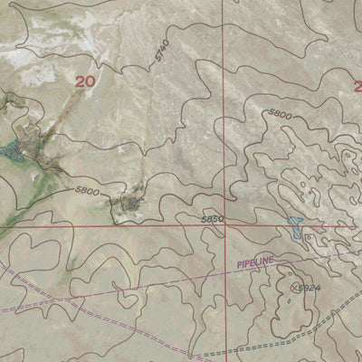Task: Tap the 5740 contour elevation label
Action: pos(161,53)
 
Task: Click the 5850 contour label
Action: pos(212,219)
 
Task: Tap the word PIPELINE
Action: pos(256,262)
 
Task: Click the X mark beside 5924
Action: pos(294,287)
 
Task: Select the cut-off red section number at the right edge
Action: pos(357,87)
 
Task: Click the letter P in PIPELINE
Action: pos(241,265)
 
